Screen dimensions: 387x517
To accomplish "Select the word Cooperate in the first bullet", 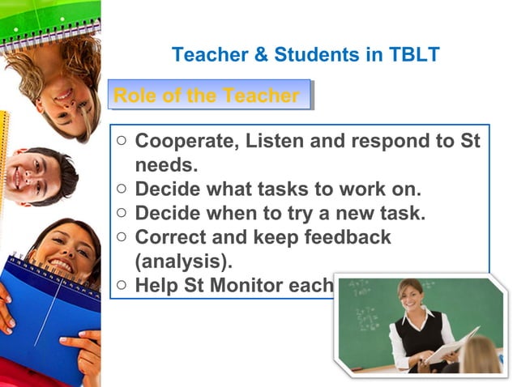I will coord(186,141).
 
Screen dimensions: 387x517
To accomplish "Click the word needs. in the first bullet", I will coord(166,164).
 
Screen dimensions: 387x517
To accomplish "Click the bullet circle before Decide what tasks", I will coord(122,189).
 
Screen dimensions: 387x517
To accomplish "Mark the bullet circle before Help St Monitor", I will coord(122,285).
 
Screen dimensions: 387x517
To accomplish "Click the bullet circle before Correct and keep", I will coord(122,237).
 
